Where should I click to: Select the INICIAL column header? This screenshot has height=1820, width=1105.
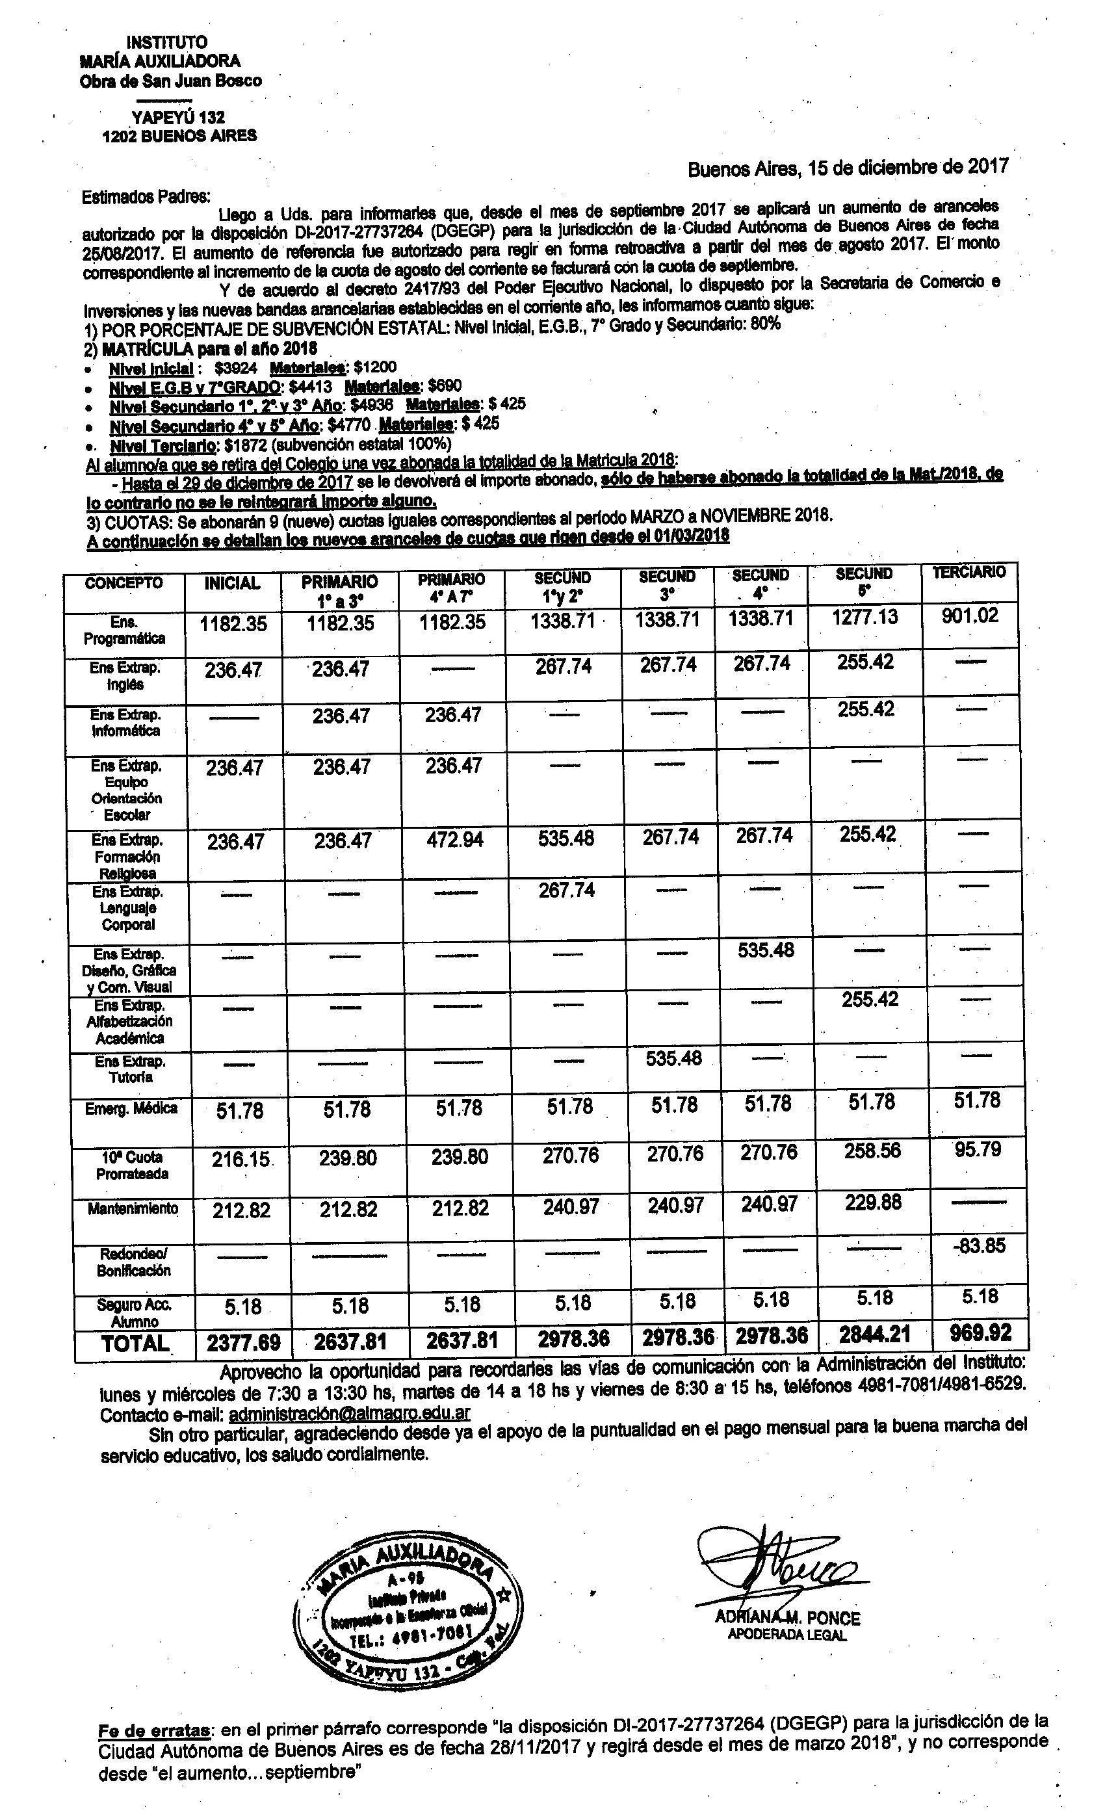pos(232,584)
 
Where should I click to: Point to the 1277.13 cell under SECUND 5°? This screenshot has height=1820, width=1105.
pos(864,617)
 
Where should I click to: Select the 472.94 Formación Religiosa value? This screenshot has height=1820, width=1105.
pos(454,840)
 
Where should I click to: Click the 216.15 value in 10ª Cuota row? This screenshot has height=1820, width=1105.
pos(240,1159)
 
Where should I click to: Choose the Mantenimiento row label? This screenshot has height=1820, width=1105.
pos(133,1209)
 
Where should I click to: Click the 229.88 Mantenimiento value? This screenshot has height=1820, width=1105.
pos(873,1202)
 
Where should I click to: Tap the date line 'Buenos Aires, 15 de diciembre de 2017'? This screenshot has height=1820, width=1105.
pos(848,168)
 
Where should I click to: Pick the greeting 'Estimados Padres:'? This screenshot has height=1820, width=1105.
pos(146,198)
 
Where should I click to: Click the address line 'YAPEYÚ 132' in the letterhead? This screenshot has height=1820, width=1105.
pos(178,118)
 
